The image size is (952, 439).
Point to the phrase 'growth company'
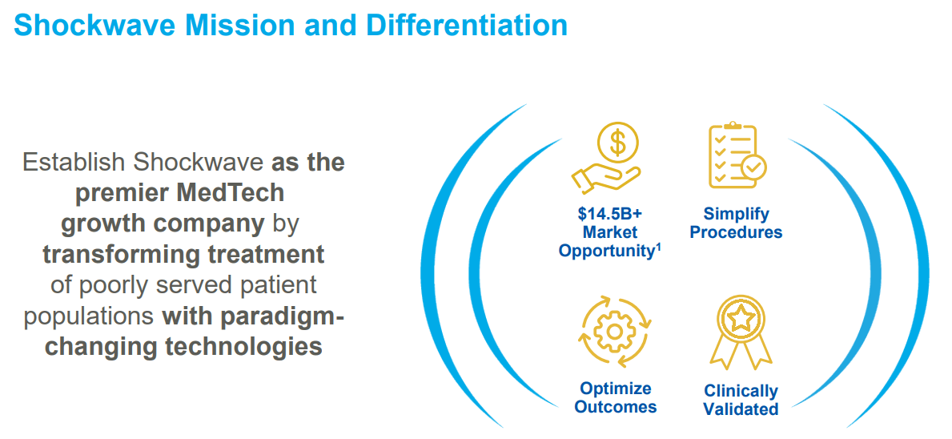click(163, 224)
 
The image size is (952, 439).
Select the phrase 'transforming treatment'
click(183, 254)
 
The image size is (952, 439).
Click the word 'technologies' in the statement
click(243, 346)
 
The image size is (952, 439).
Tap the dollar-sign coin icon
click(617, 144)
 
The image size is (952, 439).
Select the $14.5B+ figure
click(610, 215)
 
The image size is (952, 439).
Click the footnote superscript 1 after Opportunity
click(658, 246)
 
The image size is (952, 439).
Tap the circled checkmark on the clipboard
click(753, 167)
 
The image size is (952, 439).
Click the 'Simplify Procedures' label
click(736, 224)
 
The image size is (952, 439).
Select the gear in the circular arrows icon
click(615, 331)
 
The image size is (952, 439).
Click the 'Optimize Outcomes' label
click(615, 398)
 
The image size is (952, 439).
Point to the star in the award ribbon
click(741, 318)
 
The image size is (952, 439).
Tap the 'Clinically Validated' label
click(741, 400)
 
